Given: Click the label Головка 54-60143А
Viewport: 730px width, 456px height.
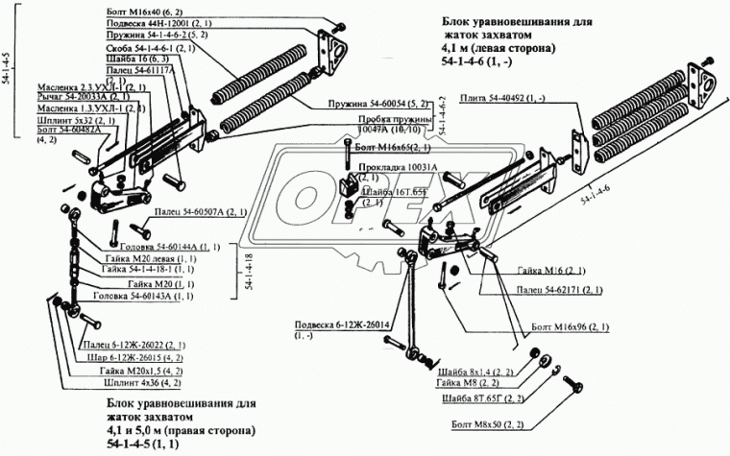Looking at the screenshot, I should (147, 296).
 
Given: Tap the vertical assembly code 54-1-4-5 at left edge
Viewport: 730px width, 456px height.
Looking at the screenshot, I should (9, 66).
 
